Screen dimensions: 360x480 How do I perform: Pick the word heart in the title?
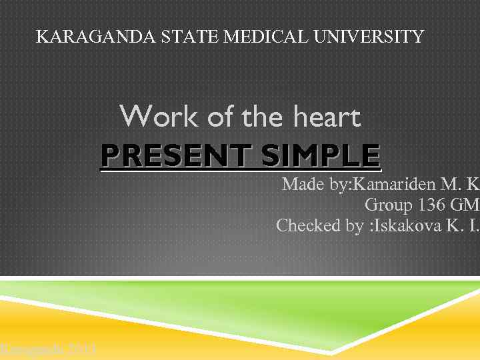tap(327, 118)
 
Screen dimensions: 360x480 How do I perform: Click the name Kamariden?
tap(396, 184)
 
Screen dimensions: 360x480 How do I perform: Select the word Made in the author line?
tap(303, 184)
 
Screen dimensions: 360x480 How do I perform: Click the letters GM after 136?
tap(466, 205)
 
